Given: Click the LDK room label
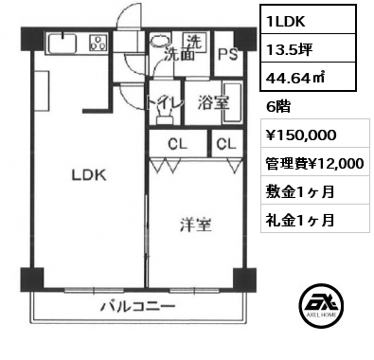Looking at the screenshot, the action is (89, 175).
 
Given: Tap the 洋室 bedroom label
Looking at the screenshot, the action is (196, 225).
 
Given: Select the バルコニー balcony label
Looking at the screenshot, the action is (137, 306).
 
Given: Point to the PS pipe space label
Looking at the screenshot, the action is (228, 54).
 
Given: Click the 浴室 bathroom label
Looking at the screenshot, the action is (213, 102).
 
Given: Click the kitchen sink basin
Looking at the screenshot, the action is (62, 44).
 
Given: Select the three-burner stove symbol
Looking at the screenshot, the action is (98, 43).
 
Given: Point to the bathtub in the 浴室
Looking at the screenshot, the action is (232, 102).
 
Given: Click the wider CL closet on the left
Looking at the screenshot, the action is (178, 143).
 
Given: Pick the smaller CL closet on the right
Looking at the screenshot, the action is (226, 143).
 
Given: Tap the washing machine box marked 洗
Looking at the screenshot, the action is (195, 42).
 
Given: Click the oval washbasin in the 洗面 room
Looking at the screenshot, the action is (160, 40).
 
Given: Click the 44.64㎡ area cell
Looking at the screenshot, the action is (308, 77).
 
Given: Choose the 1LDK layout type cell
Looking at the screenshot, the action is (308, 19).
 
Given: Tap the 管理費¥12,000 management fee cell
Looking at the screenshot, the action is (315, 162).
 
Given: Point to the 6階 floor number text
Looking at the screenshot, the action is (277, 107).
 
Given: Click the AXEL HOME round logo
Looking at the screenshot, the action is (321, 306).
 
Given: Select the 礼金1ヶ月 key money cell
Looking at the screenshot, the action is (315, 219).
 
